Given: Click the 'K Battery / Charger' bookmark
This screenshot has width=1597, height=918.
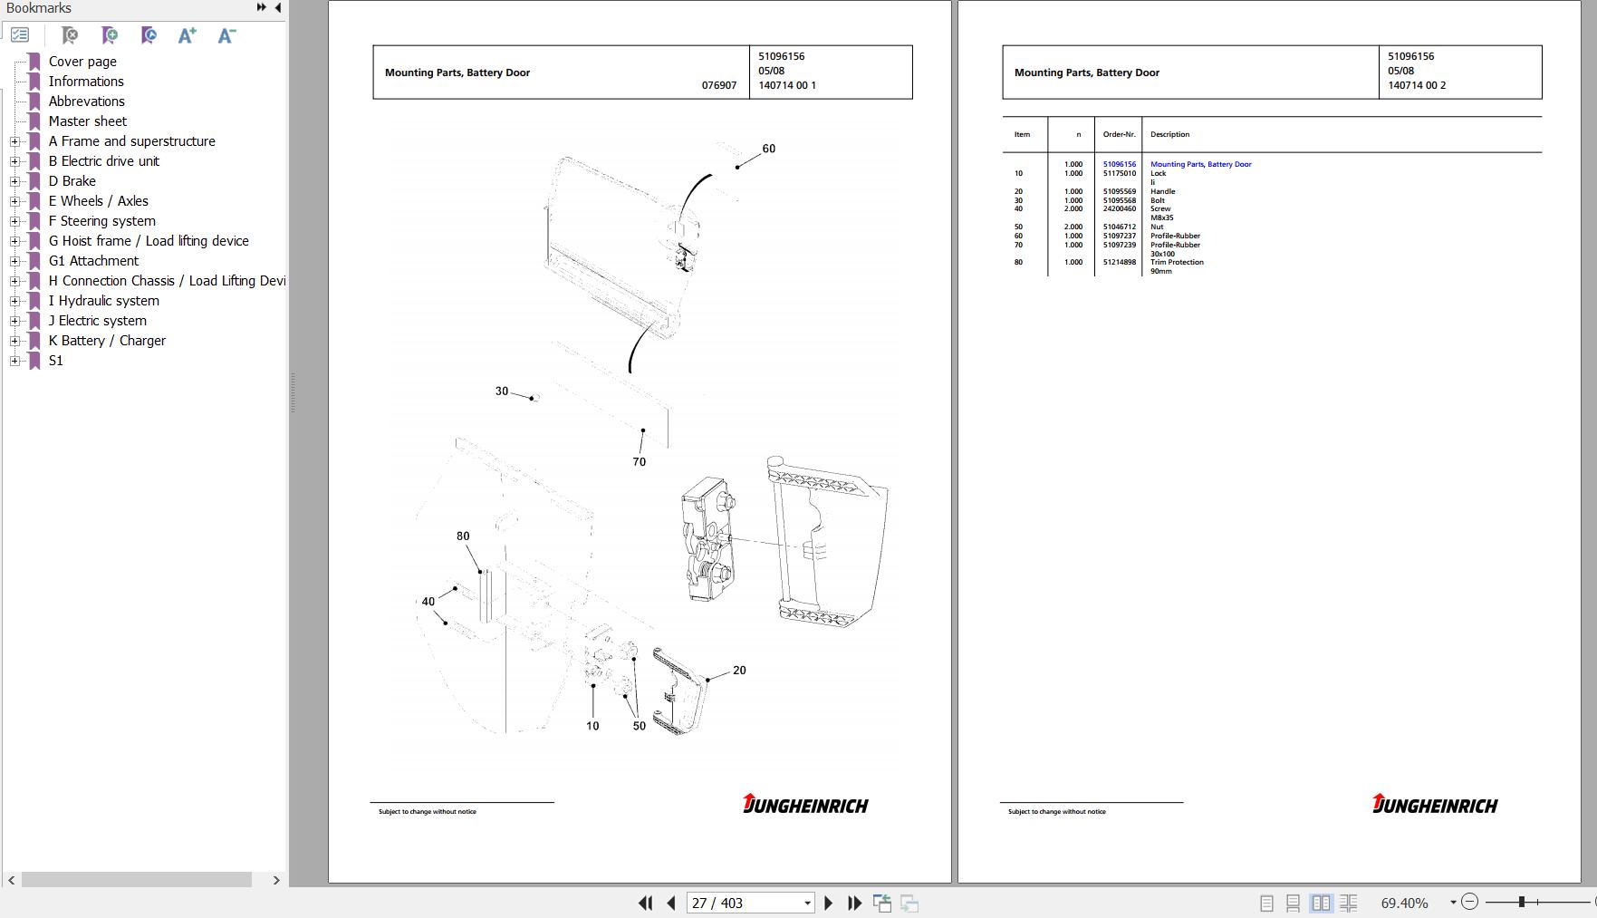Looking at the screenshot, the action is [107, 341].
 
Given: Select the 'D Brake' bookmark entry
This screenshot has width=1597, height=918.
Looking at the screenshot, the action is [72, 181].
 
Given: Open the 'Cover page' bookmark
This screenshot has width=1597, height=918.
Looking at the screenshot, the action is [82, 62].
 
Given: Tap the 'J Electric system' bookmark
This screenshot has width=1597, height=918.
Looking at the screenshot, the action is [97, 321].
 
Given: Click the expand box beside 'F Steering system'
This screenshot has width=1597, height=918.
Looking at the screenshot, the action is [14, 221].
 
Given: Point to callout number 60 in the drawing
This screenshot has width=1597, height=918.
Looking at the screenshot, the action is [768, 149].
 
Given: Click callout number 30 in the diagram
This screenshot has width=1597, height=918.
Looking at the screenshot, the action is [502, 391].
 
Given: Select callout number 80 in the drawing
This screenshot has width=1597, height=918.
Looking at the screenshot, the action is [463, 536].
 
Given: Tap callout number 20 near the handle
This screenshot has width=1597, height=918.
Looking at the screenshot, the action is [739, 671].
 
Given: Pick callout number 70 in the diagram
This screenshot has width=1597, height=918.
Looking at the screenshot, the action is [640, 462].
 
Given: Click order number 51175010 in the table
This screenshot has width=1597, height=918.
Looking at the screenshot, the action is [1119, 173].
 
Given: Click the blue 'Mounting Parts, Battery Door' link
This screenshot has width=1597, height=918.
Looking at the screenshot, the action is [1200, 164].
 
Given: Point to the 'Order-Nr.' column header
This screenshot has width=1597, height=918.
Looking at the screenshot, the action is [1119, 134].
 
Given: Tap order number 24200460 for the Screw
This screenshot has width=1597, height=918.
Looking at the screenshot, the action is [1119, 208].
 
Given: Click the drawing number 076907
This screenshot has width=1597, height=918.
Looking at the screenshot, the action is [719, 85].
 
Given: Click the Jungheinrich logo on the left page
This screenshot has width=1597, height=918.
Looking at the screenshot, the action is [805, 804].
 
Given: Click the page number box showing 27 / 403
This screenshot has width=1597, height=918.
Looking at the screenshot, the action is [750, 903].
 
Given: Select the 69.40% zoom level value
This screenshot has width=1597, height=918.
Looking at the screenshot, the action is [1404, 903].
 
